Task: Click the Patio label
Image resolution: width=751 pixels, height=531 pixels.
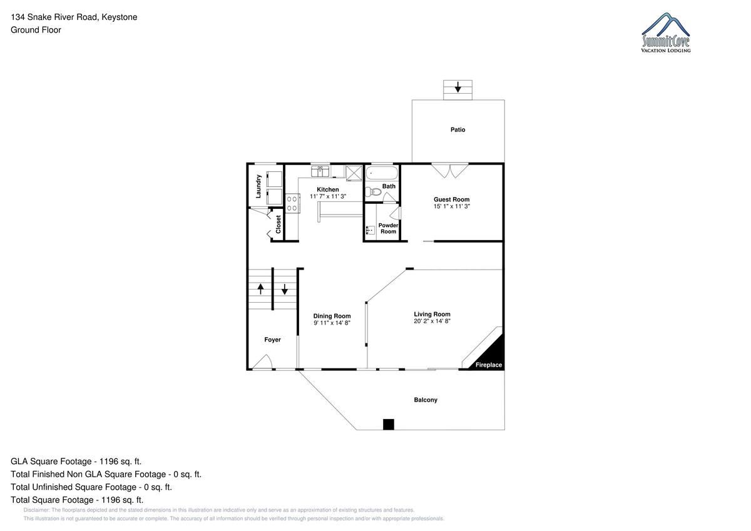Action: click(x=457, y=129)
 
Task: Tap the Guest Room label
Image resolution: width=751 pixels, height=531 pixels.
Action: click(x=452, y=200)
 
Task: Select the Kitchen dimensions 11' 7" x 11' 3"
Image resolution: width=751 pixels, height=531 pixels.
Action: click(x=328, y=196)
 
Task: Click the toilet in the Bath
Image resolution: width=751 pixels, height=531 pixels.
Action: click(x=373, y=192)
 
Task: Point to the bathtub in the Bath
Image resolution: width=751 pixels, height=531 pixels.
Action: click(x=382, y=173)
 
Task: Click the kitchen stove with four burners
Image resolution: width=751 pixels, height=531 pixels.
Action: click(x=292, y=203)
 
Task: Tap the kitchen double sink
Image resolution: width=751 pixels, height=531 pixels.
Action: click(x=320, y=171)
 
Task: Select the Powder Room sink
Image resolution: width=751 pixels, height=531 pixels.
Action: click(x=370, y=230)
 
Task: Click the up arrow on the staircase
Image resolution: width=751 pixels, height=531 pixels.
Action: click(x=260, y=289)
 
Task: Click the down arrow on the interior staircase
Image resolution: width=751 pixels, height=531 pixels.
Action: click(x=284, y=290)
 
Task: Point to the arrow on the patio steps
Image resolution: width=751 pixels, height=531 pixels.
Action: click(x=457, y=88)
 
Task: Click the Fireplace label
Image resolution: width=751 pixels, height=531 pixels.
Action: click(x=489, y=365)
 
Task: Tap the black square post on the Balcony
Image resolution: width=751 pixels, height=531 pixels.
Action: click(x=389, y=425)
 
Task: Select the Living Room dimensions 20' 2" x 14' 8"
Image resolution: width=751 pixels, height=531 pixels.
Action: click(x=432, y=321)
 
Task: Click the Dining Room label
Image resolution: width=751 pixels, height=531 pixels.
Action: click(x=332, y=316)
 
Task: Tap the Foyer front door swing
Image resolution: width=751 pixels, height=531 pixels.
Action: click(x=263, y=362)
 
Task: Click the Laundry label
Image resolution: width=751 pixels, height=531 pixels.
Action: click(x=258, y=186)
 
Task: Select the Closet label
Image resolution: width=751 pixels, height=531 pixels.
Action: click(x=278, y=224)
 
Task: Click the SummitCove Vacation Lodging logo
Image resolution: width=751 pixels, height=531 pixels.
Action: click(x=665, y=33)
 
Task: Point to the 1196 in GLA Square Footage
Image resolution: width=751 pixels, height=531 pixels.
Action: click(x=109, y=462)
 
